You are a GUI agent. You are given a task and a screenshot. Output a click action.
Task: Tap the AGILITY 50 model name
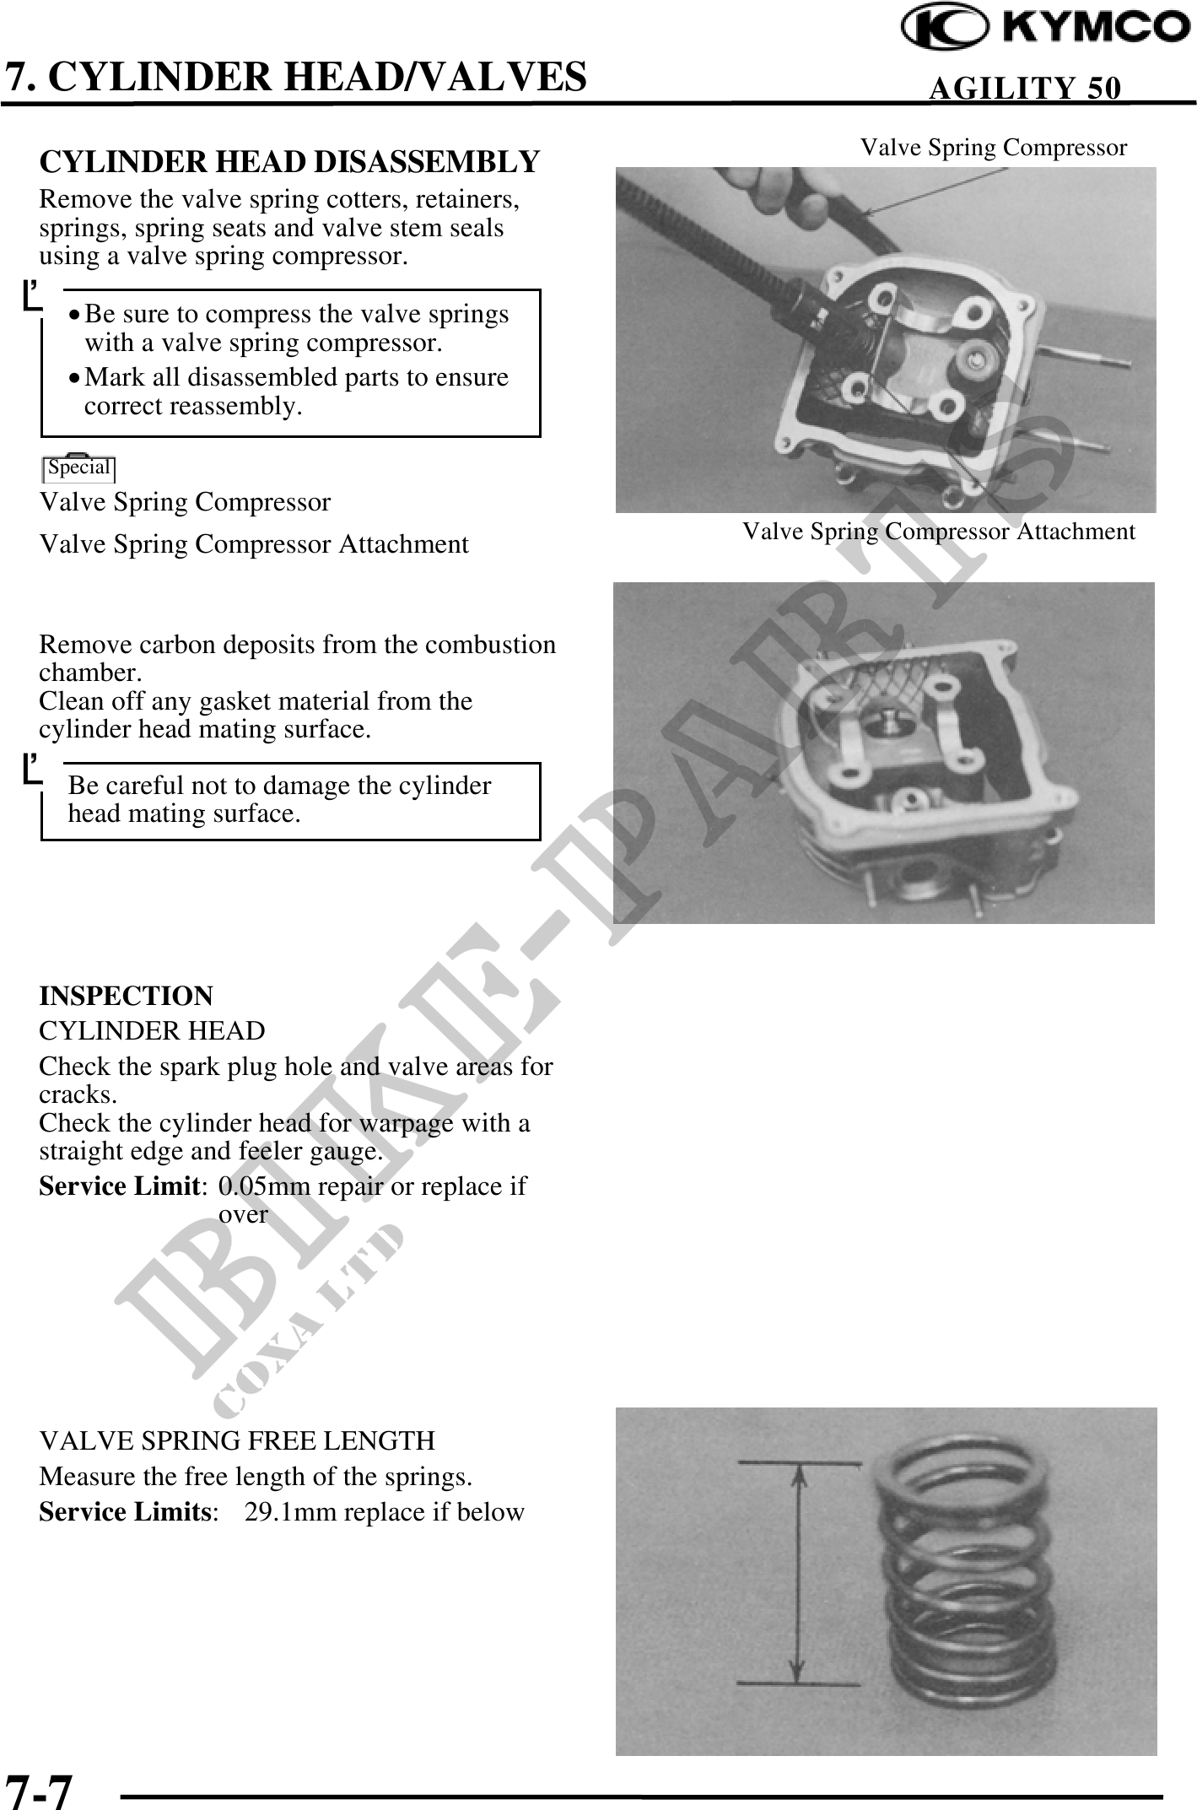click(x=1025, y=88)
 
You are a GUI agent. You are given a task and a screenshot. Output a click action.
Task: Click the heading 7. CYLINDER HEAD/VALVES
click(x=295, y=77)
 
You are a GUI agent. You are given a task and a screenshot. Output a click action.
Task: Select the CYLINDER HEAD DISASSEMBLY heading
click(x=289, y=161)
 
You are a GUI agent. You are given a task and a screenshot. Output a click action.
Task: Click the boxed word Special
click(x=79, y=467)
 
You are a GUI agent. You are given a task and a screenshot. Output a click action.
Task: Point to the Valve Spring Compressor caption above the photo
click(x=993, y=148)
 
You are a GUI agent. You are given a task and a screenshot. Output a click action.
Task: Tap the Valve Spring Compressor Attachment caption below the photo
click(x=938, y=532)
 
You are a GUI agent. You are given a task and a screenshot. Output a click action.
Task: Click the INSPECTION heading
click(x=127, y=996)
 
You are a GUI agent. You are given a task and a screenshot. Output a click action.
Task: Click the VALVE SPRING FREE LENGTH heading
click(x=237, y=1440)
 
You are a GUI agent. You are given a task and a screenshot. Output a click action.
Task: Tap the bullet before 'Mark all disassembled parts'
click(x=76, y=378)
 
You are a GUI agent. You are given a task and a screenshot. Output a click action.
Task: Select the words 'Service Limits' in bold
click(x=124, y=1512)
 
